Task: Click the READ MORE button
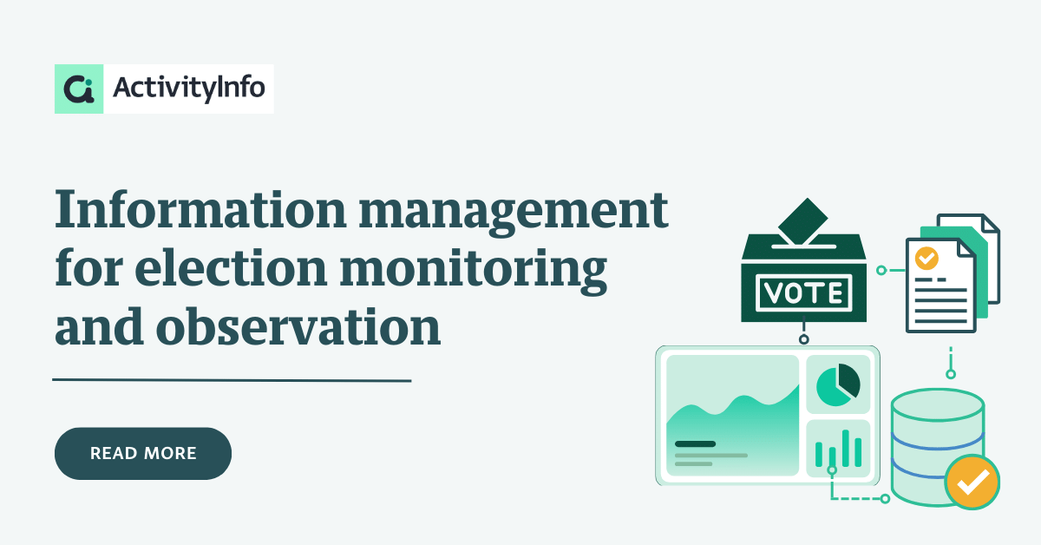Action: [x=143, y=453]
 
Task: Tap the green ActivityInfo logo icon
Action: [x=79, y=89]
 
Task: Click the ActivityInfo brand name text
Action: [x=189, y=88]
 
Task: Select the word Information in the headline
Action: [x=200, y=210]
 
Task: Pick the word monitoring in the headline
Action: [x=473, y=271]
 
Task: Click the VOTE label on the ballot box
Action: [x=804, y=293]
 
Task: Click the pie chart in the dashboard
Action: [x=838, y=385]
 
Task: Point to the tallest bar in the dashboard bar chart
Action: [x=845, y=448]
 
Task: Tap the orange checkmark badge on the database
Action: [x=972, y=483]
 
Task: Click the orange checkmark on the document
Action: [x=926, y=258]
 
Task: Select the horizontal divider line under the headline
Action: [x=232, y=380]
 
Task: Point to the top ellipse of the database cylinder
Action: [x=938, y=405]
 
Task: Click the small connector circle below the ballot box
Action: [x=804, y=339]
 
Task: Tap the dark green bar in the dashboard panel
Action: [x=695, y=443]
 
